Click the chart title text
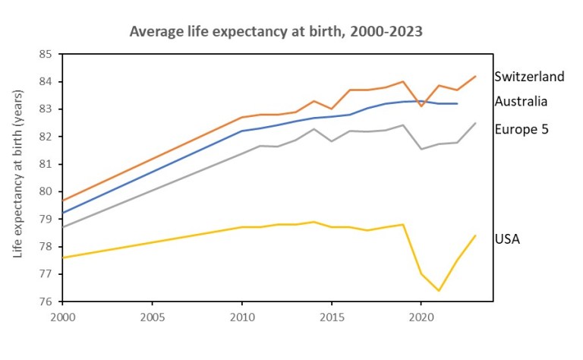(x=276, y=32)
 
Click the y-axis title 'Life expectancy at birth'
(x=18, y=173)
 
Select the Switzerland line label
(x=529, y=77)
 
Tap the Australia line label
(x=521, y=101)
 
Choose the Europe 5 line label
(x=521, y=129)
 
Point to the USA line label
(x=507, y=239)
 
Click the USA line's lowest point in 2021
(x=439, y=290)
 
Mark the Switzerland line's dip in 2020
(x=421, y=106)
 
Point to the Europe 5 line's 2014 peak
(x=314, y=128)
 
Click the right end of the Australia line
(x=457, y=103)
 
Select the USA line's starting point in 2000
(x=62, y=257)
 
